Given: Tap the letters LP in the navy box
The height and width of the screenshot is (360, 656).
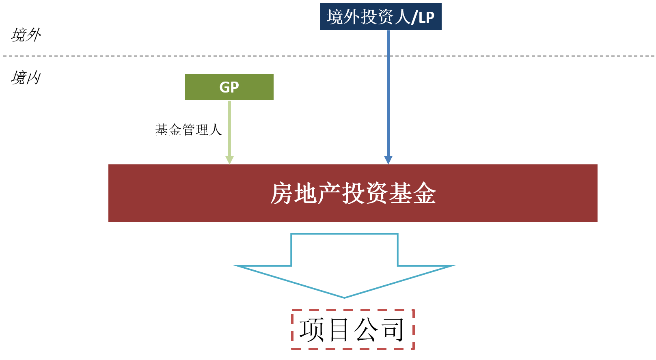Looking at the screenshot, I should point(426,17).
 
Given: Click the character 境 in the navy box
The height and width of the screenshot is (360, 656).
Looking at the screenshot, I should point(335,17).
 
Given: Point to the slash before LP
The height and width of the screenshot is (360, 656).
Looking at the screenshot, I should point(414,17).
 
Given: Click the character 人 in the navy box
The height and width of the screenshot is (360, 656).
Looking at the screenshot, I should point(403,17).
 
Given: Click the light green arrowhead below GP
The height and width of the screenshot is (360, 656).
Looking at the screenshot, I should point(230,160).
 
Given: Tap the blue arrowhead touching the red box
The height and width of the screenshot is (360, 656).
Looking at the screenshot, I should point(388,160).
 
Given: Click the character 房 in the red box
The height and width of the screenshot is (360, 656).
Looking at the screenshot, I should point(282,193).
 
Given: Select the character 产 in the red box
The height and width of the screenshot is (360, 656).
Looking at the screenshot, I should point(330,193).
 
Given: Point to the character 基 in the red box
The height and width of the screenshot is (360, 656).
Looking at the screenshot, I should point(401,193).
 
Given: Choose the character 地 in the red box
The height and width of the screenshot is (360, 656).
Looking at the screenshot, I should point(306,193).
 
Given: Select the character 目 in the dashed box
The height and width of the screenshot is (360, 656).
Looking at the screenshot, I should point(339,330).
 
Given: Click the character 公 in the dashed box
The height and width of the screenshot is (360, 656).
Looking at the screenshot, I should point(366,330).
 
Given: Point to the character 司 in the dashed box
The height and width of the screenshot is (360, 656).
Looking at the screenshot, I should point(392,330).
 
